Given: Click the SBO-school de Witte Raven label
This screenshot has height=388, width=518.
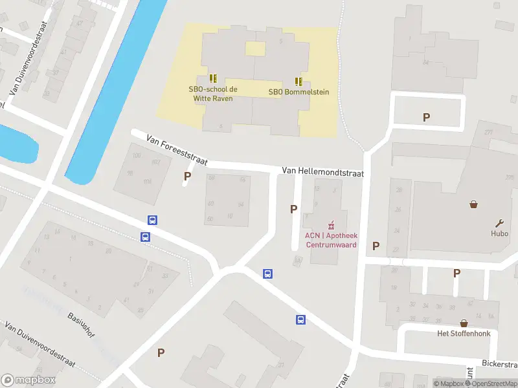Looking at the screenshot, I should (212, 94).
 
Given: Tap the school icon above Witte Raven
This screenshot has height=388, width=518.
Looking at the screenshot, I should (212, 79).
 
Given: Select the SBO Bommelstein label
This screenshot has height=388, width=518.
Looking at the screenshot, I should (298, 92).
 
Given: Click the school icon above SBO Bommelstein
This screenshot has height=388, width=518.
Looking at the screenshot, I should (298, 81).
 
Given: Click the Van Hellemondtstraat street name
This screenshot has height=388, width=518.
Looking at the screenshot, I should (322, 173).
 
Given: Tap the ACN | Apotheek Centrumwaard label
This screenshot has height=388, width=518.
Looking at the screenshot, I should (331, 240).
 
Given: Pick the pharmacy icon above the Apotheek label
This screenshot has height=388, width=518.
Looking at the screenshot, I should (331, 225).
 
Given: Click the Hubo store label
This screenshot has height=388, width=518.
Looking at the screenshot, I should (499, 233).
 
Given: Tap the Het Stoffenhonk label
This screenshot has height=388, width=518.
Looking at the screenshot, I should (464, 334).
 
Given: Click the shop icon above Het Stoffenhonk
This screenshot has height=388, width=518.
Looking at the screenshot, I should (464, 323).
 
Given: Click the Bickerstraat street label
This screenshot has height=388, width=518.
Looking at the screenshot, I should (499, 363).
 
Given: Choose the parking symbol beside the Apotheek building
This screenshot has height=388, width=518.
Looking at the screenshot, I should (294, 209).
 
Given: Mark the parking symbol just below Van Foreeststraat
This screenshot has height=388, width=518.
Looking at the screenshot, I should (188, 176).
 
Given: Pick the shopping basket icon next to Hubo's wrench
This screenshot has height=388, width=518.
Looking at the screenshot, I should (474, 204).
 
